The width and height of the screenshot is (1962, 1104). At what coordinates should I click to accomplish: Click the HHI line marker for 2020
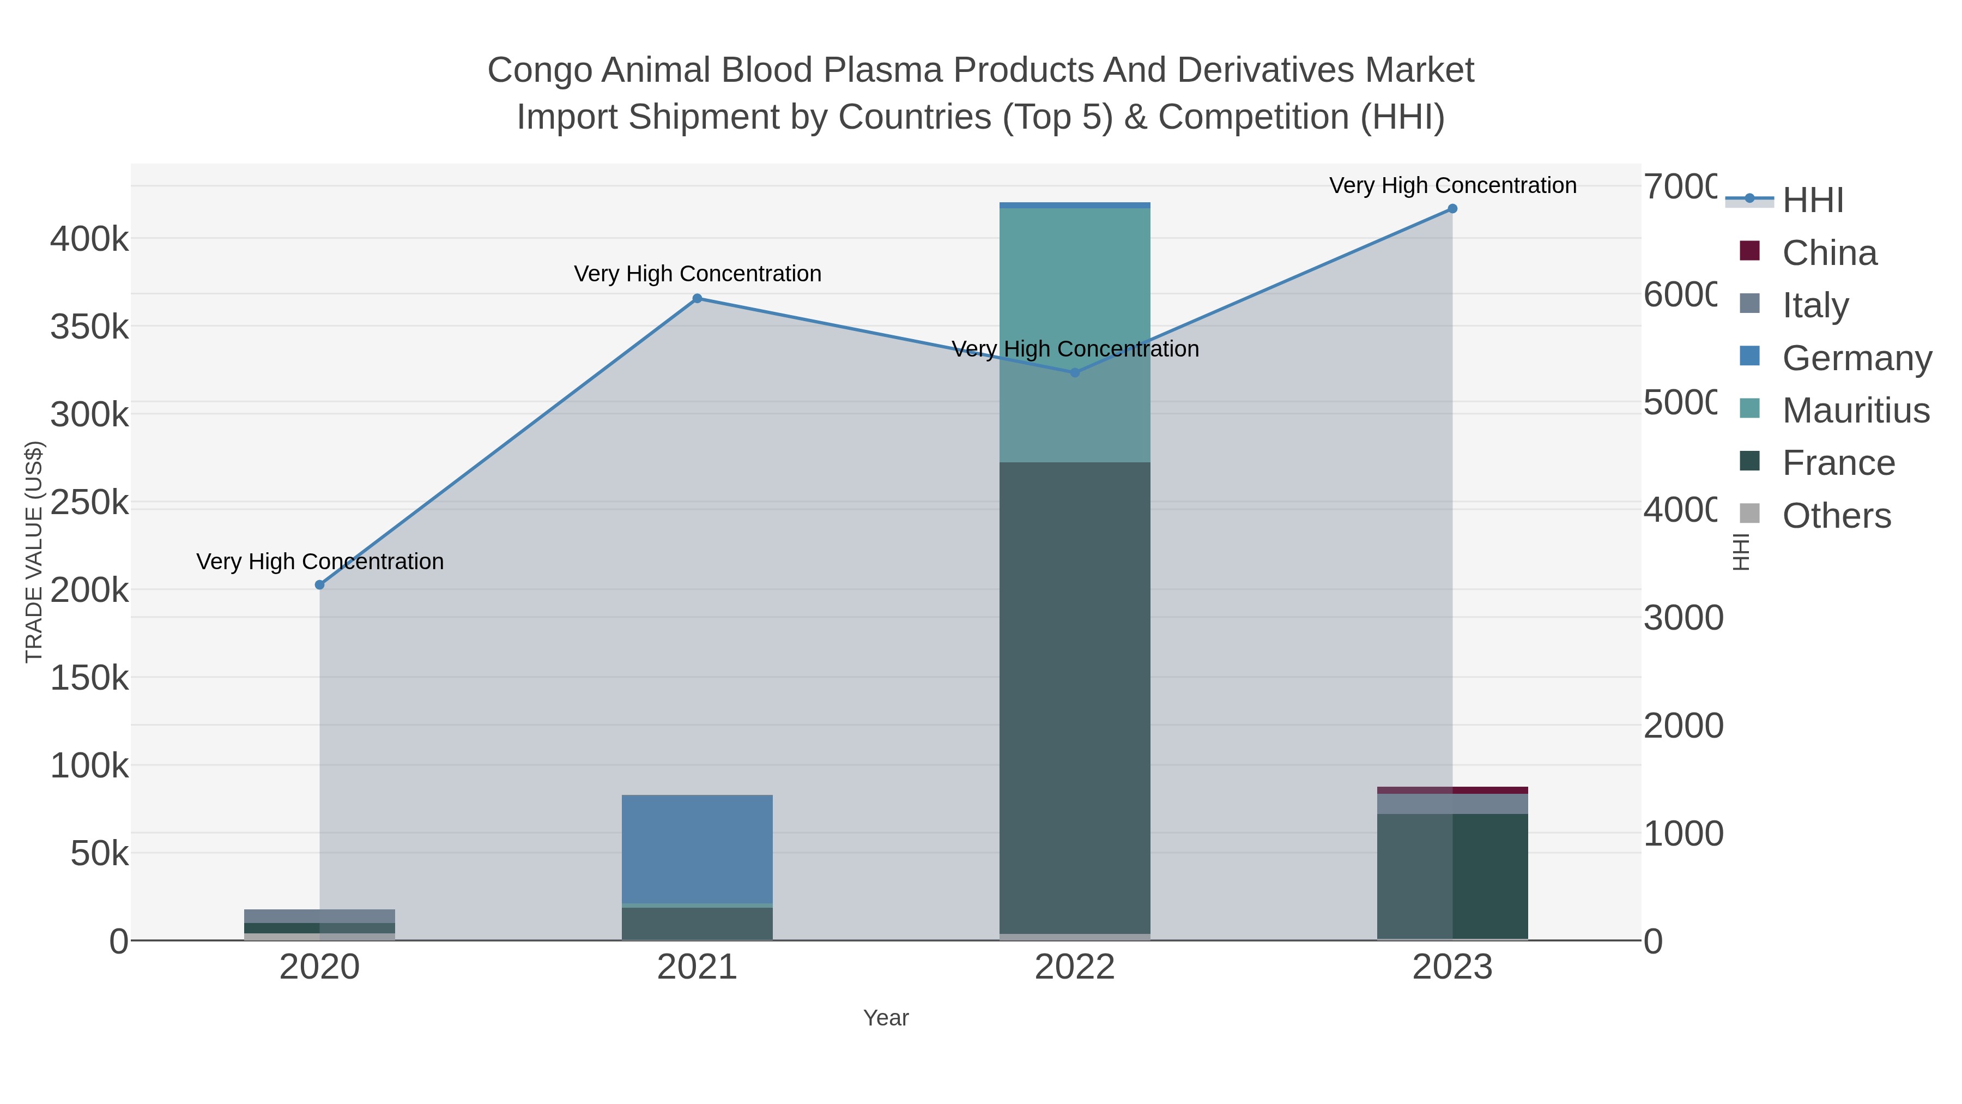point(320,584)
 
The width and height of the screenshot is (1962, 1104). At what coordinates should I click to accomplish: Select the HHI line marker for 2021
point(697,299)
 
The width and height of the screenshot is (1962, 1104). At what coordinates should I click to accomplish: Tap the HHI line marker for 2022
point(1075,372)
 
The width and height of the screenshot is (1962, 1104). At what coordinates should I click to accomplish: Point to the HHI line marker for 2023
point(1452,209)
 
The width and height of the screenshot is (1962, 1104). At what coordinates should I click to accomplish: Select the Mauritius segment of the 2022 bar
point(1075,335)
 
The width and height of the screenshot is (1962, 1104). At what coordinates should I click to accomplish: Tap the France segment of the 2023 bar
point(1452,876)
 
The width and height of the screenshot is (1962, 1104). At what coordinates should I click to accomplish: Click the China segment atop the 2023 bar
point(1452,790)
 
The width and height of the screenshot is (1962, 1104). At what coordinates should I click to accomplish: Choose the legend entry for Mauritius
point(1855,411)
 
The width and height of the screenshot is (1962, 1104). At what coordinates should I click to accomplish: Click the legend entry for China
point(1830,253)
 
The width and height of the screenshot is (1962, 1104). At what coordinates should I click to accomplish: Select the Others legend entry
point(1836,516)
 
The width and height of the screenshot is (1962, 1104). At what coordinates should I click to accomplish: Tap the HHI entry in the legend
point(1813,201)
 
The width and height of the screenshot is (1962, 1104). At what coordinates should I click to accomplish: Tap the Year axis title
point(886,1018)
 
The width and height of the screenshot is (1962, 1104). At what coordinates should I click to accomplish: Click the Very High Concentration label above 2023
point(1452,185)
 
